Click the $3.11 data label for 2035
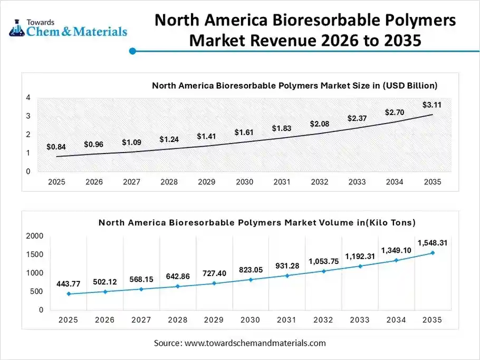click(431, 105)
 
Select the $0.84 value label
click(56, 147)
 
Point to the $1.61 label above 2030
click(244, 132)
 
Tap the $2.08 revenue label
click(319, 124)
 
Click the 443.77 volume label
click(69, 284)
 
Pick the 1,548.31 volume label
click(433, 243)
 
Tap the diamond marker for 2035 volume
click(433, 253)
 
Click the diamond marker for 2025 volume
click(69, 293)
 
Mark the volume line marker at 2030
click(251, 279)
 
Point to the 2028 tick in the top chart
click(169, 182)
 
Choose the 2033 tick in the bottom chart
click(360, 320)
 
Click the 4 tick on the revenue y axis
click(27, 98)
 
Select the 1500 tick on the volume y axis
click(34, 254)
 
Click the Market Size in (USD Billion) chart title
click(294, 85)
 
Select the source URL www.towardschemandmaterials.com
click(255, 343)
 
